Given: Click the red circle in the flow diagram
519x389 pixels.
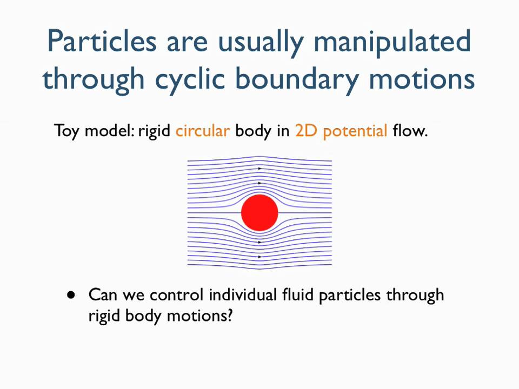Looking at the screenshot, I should click(x=259, y=213).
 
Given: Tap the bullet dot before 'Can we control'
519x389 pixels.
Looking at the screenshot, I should click(x=71, y=295).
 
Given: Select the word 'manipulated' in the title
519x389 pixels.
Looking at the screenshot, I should click(x=392, y=42).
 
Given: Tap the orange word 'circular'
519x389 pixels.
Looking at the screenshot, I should click(x=203, y=131).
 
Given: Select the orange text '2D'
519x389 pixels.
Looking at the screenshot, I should click(x=306, y=131).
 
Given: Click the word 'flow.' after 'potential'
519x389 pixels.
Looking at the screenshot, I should click(x=410, y=131).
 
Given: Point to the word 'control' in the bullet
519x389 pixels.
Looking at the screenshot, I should click(x=177, y=295).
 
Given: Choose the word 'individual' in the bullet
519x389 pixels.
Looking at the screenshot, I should click(x=243, y=295).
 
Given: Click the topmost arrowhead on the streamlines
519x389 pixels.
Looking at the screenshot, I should click(x=259, y=169).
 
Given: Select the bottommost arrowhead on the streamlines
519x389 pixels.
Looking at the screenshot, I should click(x=259, y=257).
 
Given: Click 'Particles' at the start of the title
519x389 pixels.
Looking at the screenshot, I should click(x=103, y=42).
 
